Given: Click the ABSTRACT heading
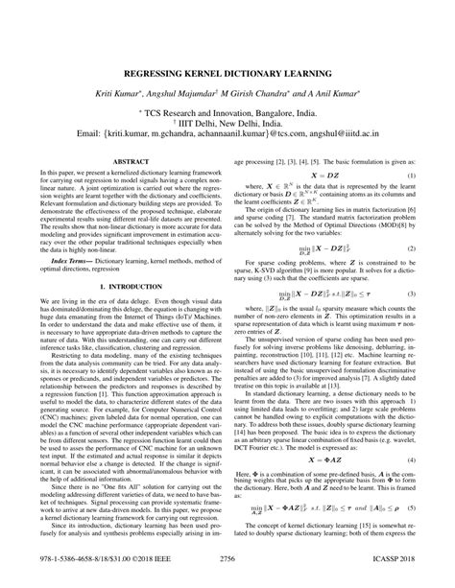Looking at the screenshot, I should point(125,163).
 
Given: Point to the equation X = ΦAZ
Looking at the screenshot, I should point(322,460).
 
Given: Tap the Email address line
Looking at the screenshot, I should point(227,135).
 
